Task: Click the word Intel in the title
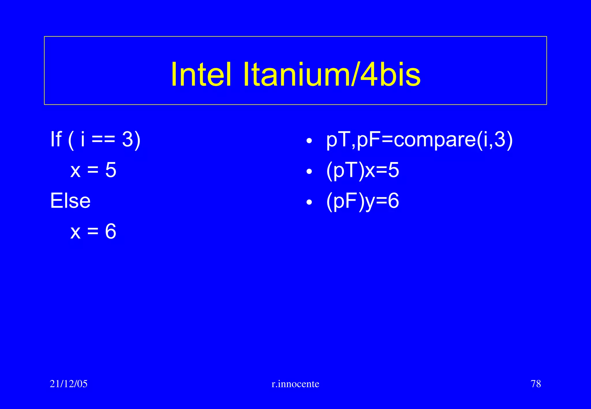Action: pyautogui.click(x=201, y=74)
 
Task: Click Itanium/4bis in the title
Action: pyautogui.click(x=332, y=74)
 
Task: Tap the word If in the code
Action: pyautogui.click(x=56, y=139)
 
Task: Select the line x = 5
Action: pyautogui.click(x=93, y=170)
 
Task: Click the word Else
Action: pyautogui.click(x=70, y=201)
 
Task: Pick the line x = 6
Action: pyautogui.click(x=93, y=231)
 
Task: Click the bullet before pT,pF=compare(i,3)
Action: pyautogui.click(x=309, y=141)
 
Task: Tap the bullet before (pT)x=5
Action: pyautogui.click(x=309, y=172)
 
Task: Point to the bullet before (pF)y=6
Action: pyautogui.click(x=309, y=202)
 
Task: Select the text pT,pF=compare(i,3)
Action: pyautogui.click(x=419, y=140)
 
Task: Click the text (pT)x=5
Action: pyautogui.click(x=362, y=170)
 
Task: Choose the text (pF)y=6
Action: pyautogui.click(x=362, y=201)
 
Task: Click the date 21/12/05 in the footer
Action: pyautogui.click(x=69, y=384)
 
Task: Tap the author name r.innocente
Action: pyautogui.click(x=295, y=384)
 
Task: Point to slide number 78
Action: pyautogui.click(x=536, y=384)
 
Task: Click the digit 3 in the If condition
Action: pyautogui.click(x=127, y=139)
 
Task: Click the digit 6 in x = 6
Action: pyautogui.click(x=111, y=231)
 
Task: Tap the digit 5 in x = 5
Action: pyautogui.click(x=111, y=170)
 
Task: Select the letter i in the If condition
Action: pyautogui.click(x=83, y=139)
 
